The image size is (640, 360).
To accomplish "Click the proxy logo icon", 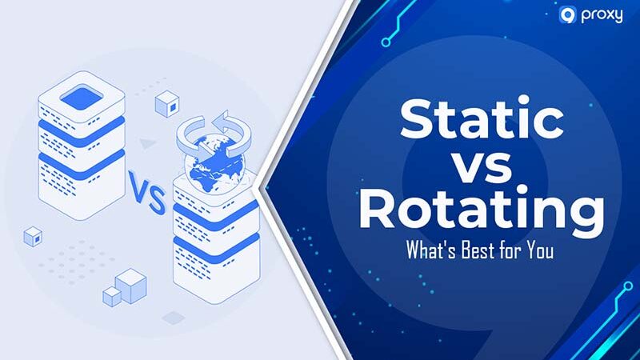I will click(567, 15).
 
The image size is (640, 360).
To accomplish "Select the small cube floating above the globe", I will click(166, 103).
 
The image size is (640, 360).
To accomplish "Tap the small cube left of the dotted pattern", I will click(33, 236).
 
